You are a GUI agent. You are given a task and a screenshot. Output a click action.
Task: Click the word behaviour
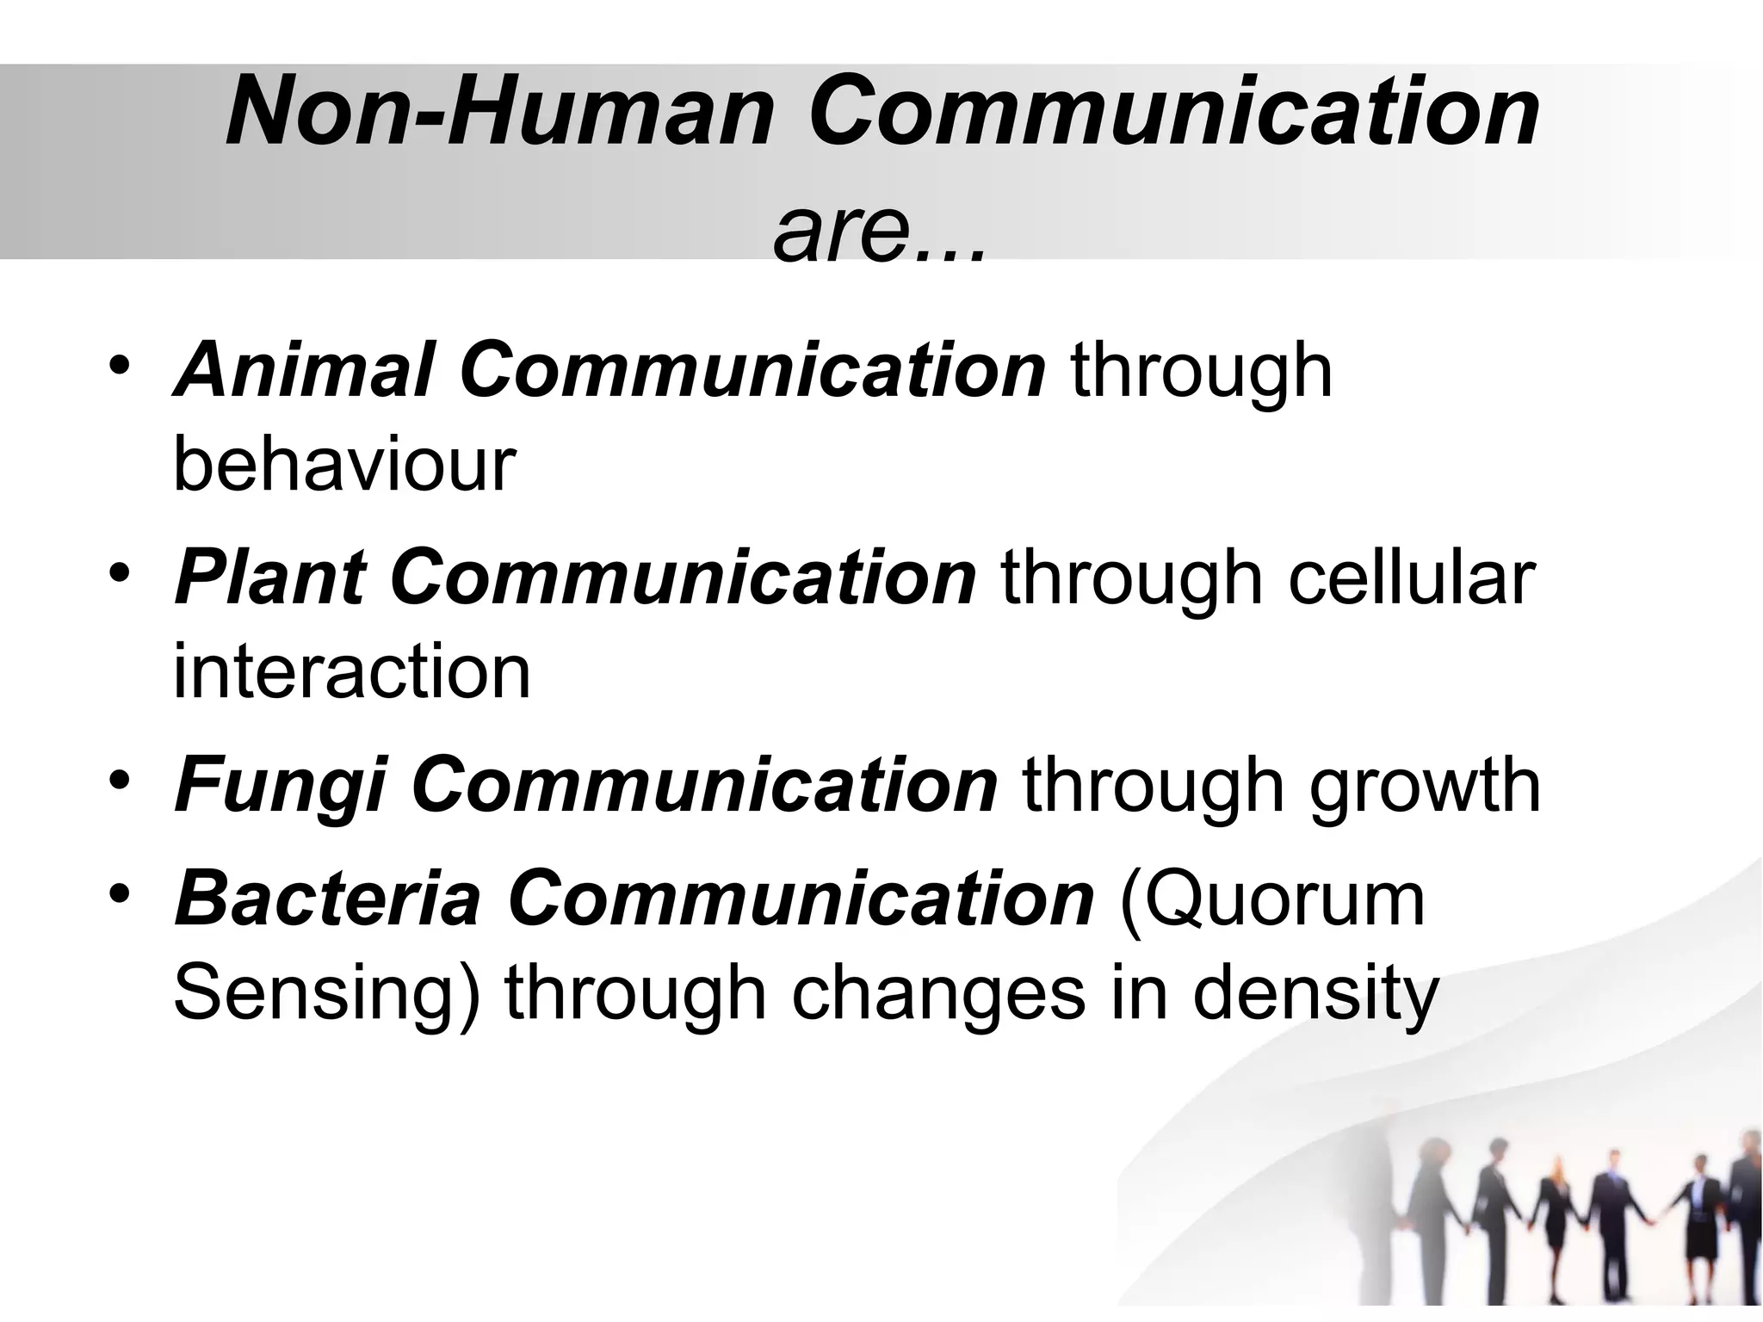344,465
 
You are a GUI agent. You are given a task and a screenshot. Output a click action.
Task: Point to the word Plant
270,578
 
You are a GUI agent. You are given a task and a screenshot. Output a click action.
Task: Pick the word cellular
1411,578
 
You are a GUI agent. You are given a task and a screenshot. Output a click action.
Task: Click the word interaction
352,671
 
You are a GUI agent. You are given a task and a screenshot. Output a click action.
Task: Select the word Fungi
281,785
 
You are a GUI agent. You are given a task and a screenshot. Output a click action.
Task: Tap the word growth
1425,787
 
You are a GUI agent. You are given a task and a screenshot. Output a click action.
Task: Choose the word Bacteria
328,899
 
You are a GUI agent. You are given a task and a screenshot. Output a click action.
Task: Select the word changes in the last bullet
938,995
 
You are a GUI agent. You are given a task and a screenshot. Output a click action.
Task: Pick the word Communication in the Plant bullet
683,578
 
